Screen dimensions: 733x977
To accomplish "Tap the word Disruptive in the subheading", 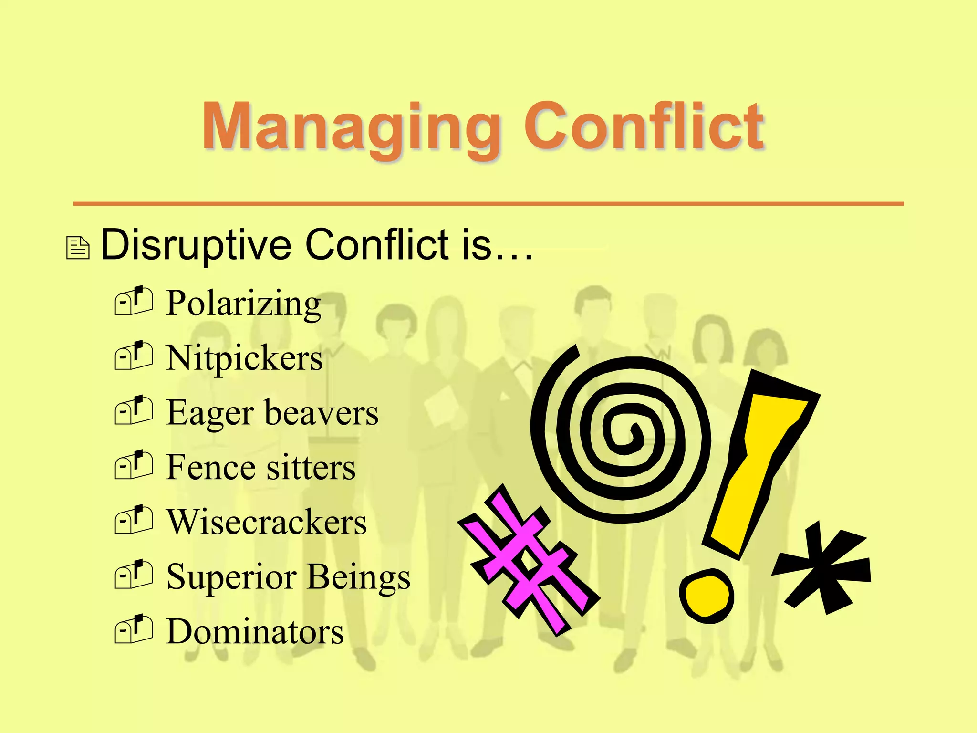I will coord(196,244).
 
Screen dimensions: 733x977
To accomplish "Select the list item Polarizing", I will coord(243,304).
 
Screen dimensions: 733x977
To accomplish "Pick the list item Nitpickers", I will coord(244,358).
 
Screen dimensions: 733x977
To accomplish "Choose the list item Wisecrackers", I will coord(266,522).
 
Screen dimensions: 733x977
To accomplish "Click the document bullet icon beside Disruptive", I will coord(78,248).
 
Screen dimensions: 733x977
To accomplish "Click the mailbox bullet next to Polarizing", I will coord(134,301).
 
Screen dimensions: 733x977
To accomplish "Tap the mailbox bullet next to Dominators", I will coord(134,629).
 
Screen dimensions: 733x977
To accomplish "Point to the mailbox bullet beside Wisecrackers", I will coord(134,520).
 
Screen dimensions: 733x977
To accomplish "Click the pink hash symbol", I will coord(527,558).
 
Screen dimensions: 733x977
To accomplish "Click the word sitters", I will coord(311,467).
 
